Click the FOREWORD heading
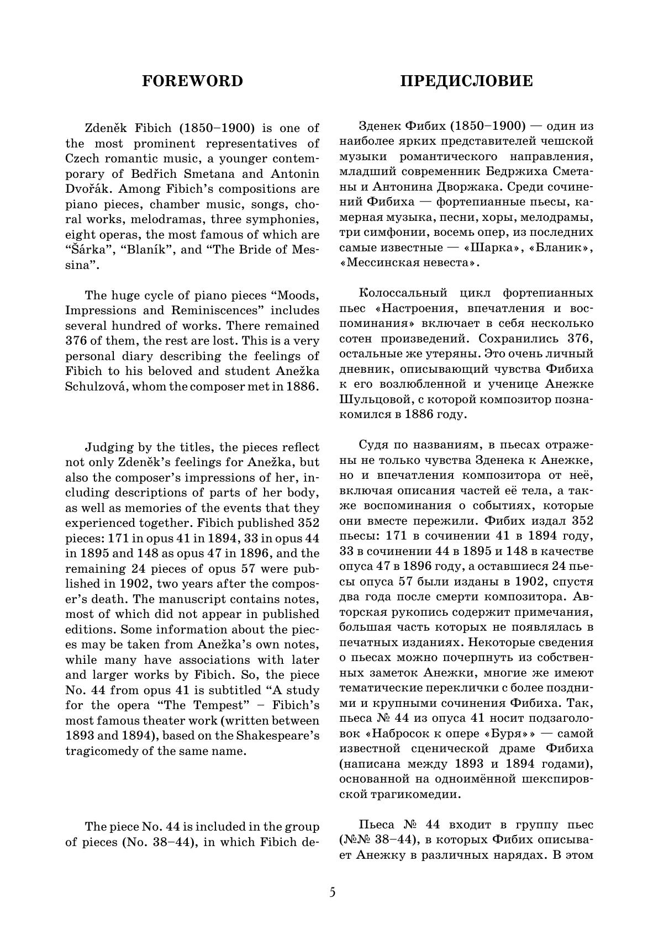point(192,81)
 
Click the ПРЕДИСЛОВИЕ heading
point(466,81)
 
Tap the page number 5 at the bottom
point(332,892)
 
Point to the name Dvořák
point(85,189)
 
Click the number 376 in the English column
point(76,341)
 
